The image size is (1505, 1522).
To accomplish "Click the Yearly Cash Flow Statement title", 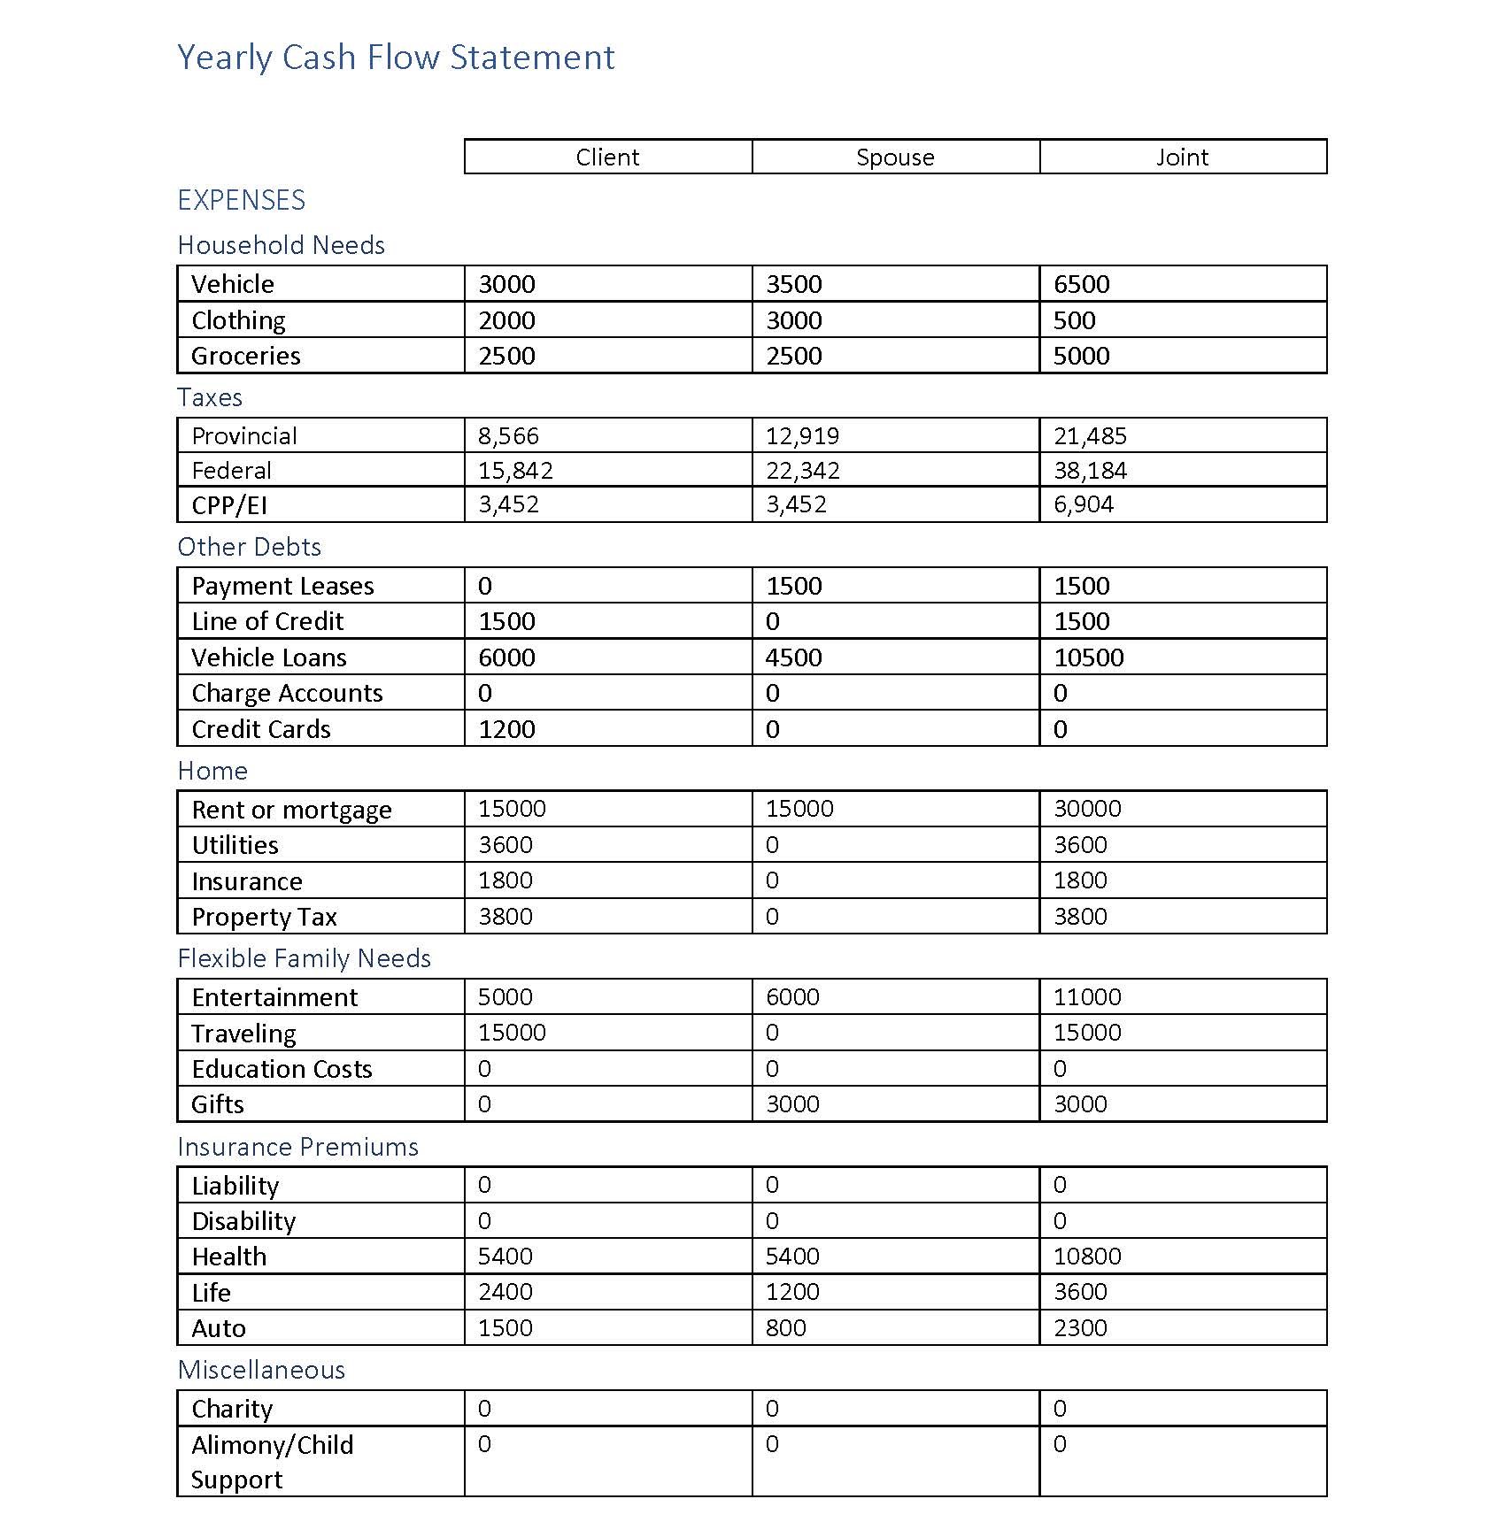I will point(396,58).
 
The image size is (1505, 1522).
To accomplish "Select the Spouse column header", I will point(895,158).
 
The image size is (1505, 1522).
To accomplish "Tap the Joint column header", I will point(1182,158).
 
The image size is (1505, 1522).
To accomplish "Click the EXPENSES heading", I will point(241,201).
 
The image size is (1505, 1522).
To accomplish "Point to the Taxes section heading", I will point(210,397).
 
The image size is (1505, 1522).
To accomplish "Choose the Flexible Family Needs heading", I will point(304,958).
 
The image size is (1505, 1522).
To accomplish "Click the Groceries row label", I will point(246,356).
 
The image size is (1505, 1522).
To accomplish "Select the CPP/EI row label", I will point(229,505).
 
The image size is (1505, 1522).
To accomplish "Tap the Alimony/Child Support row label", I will point(272,1462).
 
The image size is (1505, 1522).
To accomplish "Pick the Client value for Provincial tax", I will point(508,436).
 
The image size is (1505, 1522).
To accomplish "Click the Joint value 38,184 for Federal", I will point(1090,471).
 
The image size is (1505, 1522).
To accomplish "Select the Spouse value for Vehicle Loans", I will point(793,657).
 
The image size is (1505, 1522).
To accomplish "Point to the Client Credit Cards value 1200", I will point(506,729).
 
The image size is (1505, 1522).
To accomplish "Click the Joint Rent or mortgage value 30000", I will point(1087,809).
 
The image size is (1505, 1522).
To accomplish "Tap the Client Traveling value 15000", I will point(512,1033).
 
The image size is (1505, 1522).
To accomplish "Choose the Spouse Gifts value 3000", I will point(792,1104).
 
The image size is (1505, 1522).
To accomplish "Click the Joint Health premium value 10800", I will point(1087,1257).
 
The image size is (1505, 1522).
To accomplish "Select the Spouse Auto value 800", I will point(785,1328).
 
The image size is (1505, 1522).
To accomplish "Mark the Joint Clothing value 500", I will point(1074,320).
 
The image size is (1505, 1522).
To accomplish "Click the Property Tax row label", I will point(264,917).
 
